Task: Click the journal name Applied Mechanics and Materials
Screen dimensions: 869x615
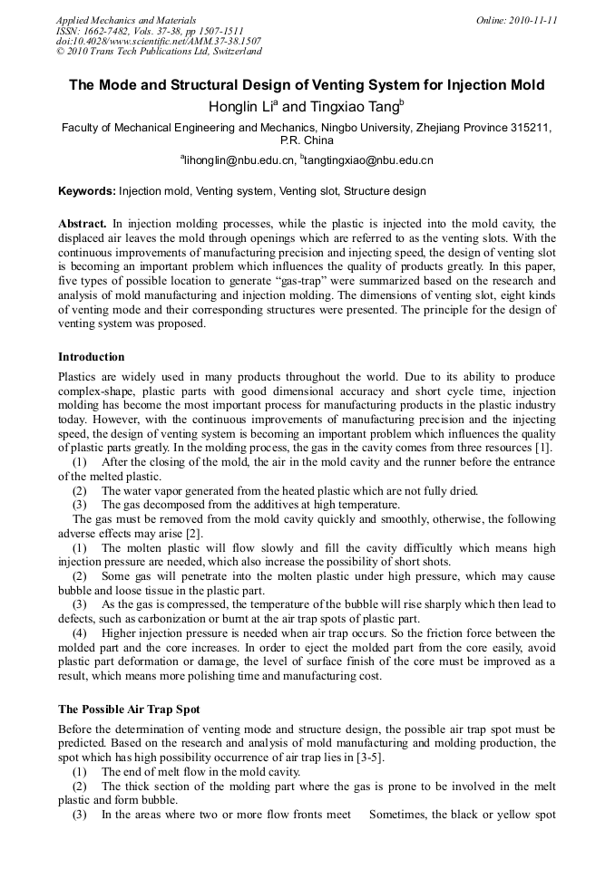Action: click(x=126, y=19)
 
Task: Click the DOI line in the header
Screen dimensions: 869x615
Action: click(x=159, y=41)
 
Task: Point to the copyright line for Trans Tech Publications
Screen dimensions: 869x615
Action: click(x=159, y=52)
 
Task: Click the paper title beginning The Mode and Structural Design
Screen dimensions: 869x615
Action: click(x=307, y=85)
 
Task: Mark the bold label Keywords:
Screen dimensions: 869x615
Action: click(x=86, y=191)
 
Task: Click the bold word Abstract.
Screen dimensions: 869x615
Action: click(x=83, y=223)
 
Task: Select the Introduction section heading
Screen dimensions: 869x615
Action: click(x=92, y=356)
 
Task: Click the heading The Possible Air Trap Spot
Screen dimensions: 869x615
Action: click(x=129, y=709)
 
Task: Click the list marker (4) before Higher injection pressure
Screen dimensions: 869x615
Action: click(x=81, y=632)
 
